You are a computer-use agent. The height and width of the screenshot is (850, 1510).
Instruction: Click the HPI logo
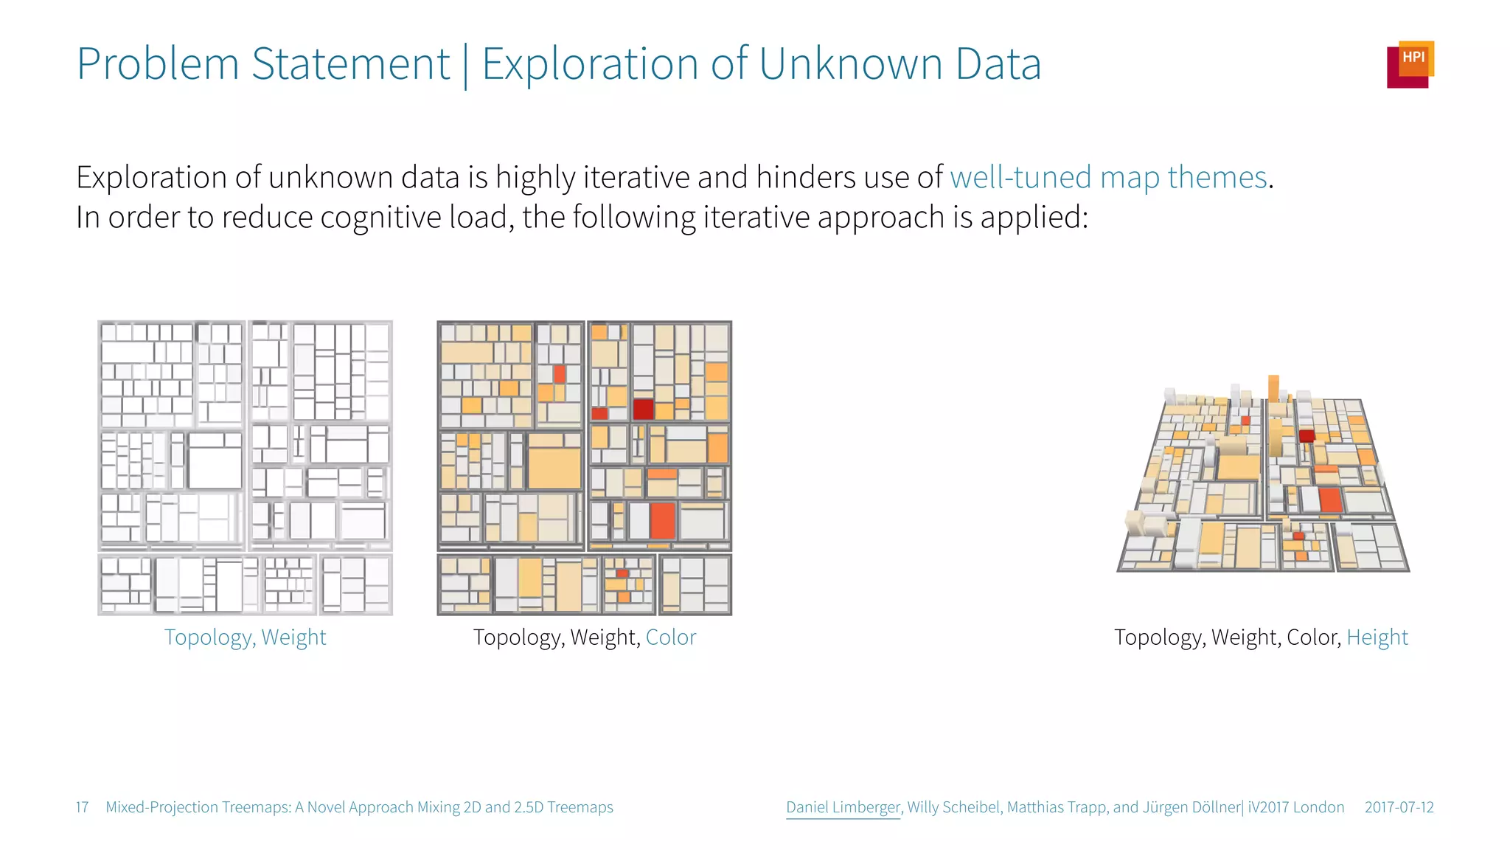click(1410, 64)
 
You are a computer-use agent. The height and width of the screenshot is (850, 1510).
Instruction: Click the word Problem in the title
click(158, 64)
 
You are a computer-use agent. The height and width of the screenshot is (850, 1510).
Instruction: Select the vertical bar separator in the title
click(465, 66)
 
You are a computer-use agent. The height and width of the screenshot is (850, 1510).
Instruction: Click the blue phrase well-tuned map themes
click(1108, 178)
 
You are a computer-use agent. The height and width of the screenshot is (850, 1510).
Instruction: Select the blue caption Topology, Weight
click(245, 637)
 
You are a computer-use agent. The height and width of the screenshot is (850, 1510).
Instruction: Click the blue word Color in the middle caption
click(670, 637)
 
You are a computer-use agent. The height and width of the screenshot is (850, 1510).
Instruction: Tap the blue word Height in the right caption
click(1377, 637)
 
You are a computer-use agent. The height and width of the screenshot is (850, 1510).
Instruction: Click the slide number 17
click(82, 807)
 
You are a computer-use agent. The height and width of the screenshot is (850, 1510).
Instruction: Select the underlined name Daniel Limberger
click(843, 807)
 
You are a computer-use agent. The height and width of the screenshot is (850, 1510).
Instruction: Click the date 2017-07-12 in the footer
click(1399, 807)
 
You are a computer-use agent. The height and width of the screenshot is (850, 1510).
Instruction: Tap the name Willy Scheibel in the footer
click(954, 807)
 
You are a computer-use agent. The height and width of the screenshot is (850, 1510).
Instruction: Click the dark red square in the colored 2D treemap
click(643, 409)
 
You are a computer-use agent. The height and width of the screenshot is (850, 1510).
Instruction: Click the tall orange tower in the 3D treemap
click(1273, 390)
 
